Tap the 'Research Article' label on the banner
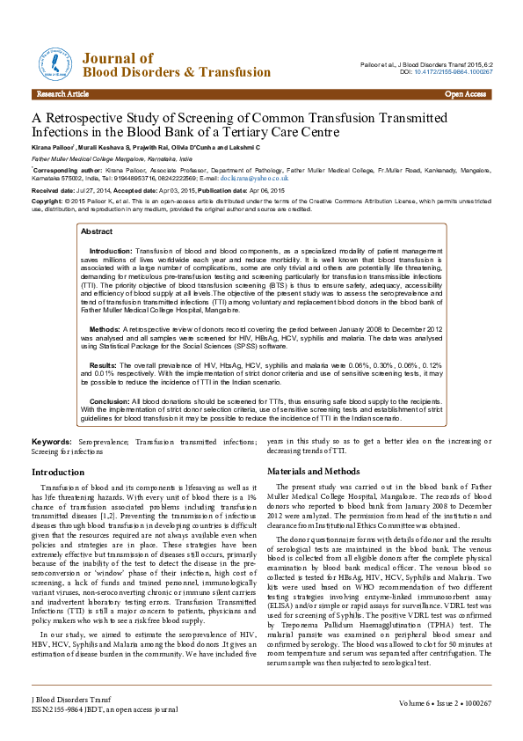click(62, 93)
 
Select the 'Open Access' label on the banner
click(466, 93)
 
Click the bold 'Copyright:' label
click(47, 200)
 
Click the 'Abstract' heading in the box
click(96, 231)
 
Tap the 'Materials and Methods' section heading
click(313, 472)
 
